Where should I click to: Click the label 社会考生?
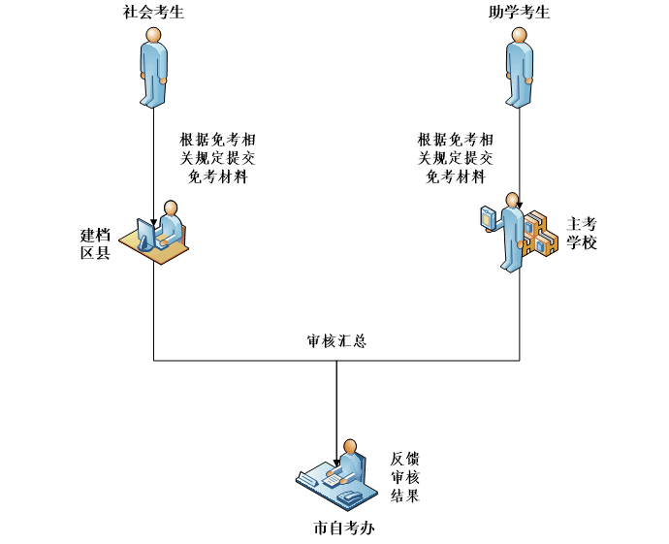(153, 13)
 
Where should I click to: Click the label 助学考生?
(520, 13)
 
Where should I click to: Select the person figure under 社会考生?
(153, 68)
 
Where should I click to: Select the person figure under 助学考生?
(520, 68)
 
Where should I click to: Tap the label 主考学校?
(582, 233)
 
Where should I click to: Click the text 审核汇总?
(336, 341)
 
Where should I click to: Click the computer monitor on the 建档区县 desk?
(146, 234)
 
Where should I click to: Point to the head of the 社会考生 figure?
(153, 35)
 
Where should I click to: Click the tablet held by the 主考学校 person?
(488, 217)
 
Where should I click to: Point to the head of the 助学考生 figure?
(520, 35)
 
